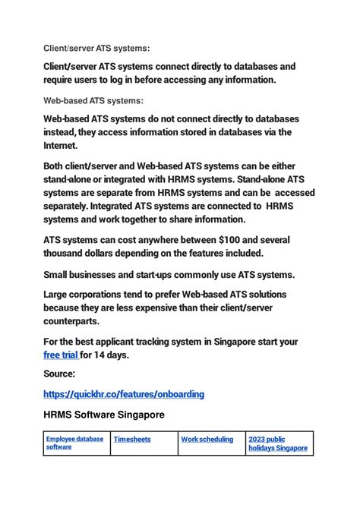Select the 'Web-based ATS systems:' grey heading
click(93, 101)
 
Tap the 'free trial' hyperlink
click(60, 354)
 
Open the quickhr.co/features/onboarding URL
click(123, 395)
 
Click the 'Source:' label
click(59, 374)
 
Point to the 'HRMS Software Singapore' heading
click(103, 415)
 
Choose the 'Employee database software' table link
click(74, 443)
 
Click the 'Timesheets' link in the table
click(132, 439)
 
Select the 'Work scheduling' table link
click(207, 439)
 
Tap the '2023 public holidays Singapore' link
click(277, 443)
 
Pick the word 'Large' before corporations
click(56, 294)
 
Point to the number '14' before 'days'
click(101, 354)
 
